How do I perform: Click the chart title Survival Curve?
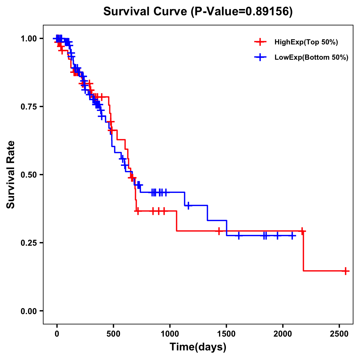pos(198,11)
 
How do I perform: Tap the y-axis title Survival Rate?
pos(11,174)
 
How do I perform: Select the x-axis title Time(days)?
pos(198,347)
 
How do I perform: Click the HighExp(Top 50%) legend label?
pos(306,42)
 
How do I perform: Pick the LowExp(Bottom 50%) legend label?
pos(311,58)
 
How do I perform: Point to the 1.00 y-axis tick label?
pos(29,39)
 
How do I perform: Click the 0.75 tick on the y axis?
pos(29,107)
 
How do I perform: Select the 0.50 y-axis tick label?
pos(29,175)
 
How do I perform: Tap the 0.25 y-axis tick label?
pos(29,243)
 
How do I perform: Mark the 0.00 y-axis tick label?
pos(29,311)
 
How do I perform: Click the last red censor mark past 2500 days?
pos(345,271)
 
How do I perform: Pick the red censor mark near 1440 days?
pos(219,231)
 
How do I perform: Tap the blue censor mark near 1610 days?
pos(239,235)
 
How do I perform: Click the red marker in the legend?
pos(260,42)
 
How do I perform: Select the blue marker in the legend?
pos(260,58)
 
